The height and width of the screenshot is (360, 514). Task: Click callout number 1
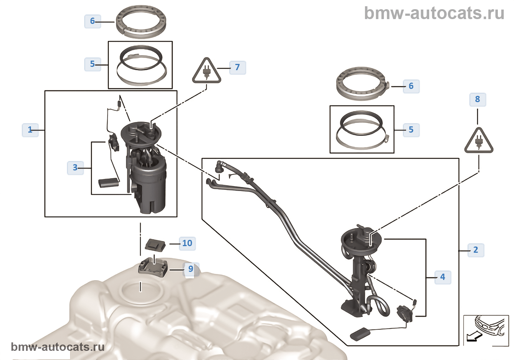click(30, 130)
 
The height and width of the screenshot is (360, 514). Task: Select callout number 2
click(476, 250)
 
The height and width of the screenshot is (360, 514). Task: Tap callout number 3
click(75, 168)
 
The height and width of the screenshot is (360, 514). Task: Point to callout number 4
click(443, 277)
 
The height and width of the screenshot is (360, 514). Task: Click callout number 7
click(238, 67)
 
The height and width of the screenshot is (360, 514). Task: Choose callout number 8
click(478, 99)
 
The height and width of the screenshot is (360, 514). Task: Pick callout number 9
click(191, 269)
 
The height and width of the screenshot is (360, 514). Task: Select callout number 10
click(187, 243)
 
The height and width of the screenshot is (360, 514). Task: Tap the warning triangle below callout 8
click(479, 141)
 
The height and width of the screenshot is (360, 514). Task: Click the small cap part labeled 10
click(156, 243)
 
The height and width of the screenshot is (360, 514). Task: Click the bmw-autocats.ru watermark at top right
click(434, 13)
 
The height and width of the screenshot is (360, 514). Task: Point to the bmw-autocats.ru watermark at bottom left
click(58, 347)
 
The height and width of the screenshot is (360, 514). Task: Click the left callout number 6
click(93, 21)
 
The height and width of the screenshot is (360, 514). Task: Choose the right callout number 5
click(411, 130)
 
